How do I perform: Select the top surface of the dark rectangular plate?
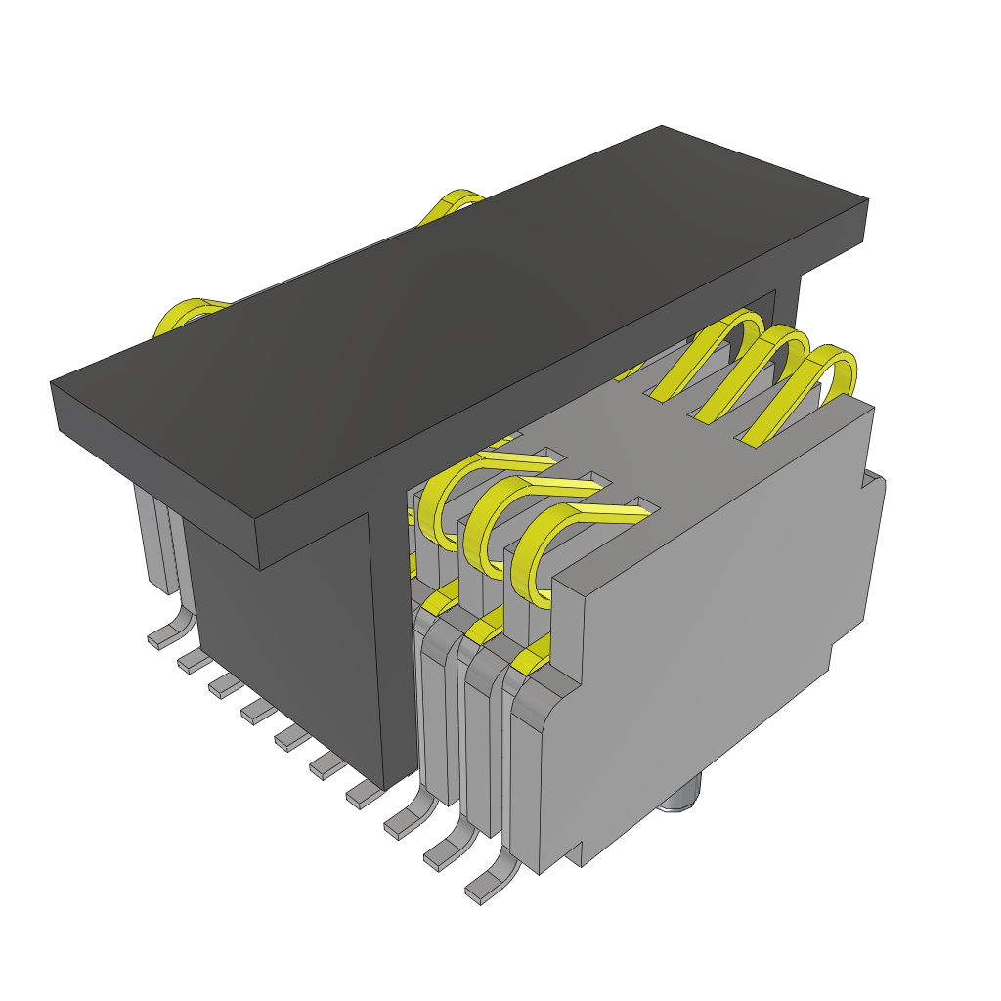click(459, 332)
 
